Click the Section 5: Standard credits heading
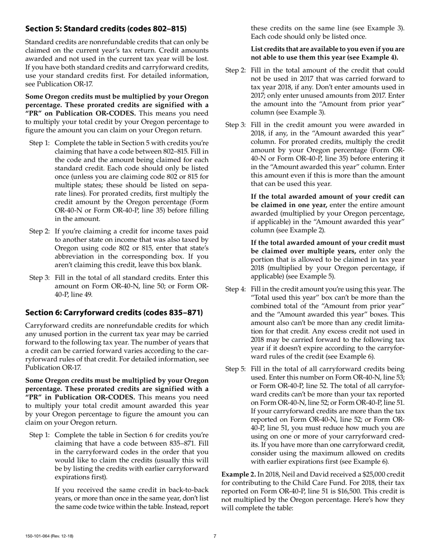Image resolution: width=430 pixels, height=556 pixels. pyautogui.click(x=105, y=29)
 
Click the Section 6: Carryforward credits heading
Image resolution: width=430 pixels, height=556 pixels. pyautogui.click(x=114, y=312)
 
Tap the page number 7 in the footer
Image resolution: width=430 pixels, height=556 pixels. pyautogui.click(x=215, y=537)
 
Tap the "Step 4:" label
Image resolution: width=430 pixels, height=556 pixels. pyautogui.click(x=235, y=289)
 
